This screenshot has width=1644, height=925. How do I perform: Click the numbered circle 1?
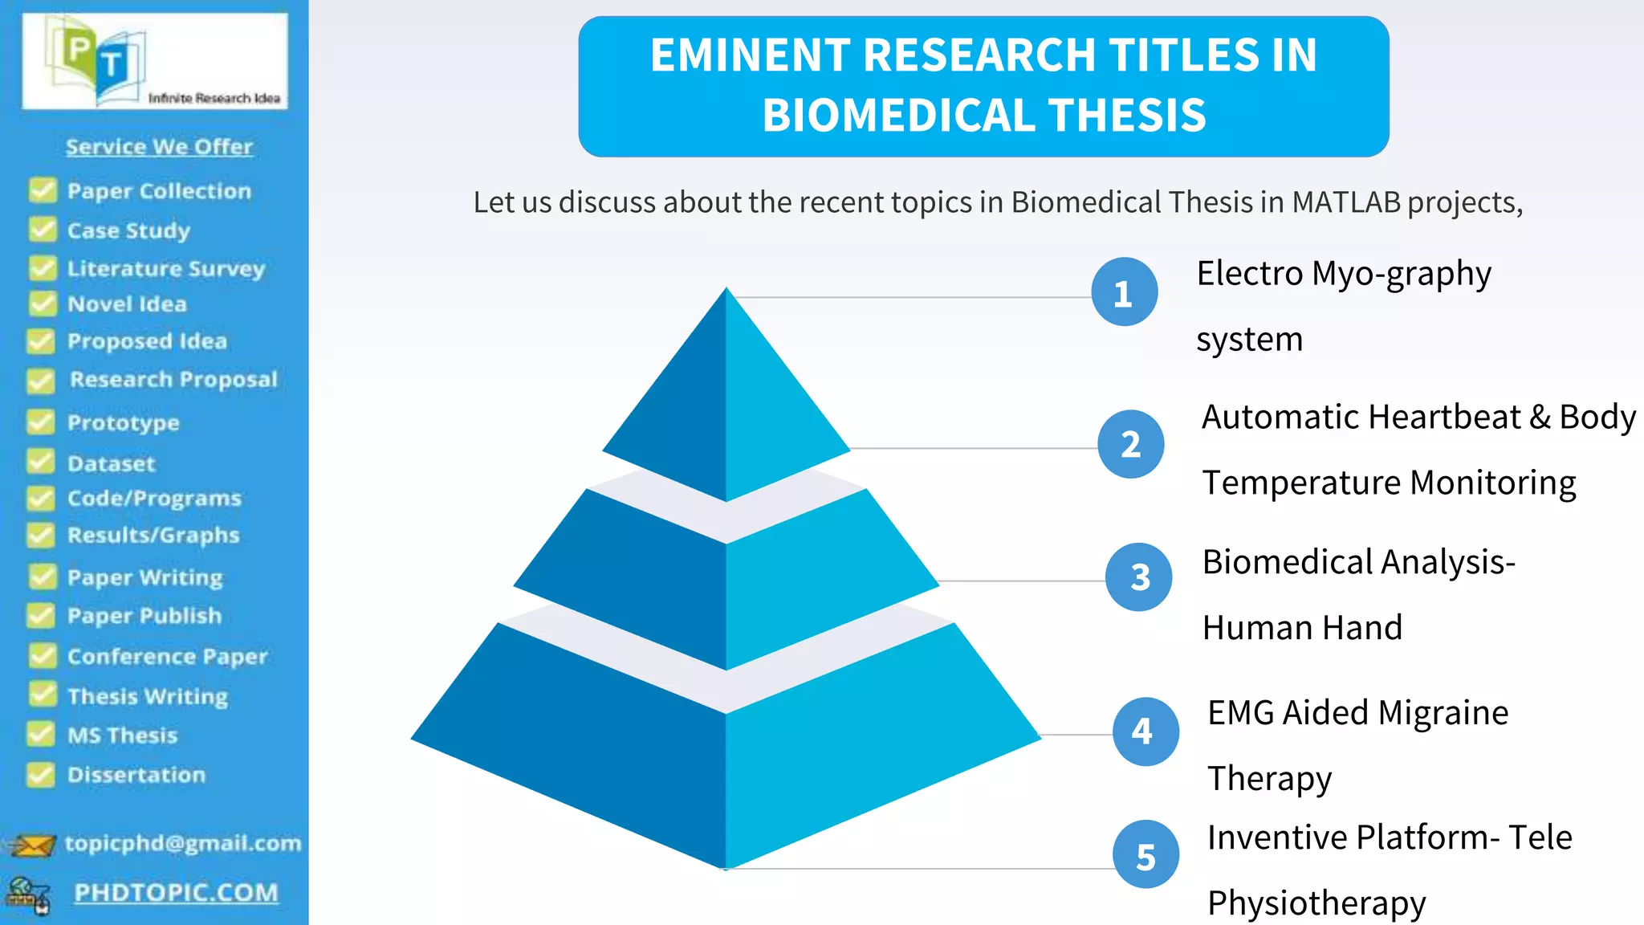1124,292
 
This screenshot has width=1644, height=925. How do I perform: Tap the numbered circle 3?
1138,577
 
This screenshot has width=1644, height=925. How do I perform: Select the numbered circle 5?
1146,855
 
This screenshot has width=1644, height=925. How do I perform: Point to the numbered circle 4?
1145,731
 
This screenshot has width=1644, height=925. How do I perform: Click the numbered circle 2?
1130,445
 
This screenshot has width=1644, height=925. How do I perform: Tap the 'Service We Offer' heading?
159,147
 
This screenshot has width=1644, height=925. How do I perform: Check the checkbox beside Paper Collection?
43,190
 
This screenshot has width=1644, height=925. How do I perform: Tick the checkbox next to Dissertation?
41,775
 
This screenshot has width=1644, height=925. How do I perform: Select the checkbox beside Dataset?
41,462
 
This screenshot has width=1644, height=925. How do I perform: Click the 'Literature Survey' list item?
165,268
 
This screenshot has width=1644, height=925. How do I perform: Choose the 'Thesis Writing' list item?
148,696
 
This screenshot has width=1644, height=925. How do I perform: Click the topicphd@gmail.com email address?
183,843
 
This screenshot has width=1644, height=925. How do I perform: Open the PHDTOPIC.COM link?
176,893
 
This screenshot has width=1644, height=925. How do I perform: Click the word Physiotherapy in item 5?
1316,903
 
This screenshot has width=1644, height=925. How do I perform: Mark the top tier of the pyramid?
726,401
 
